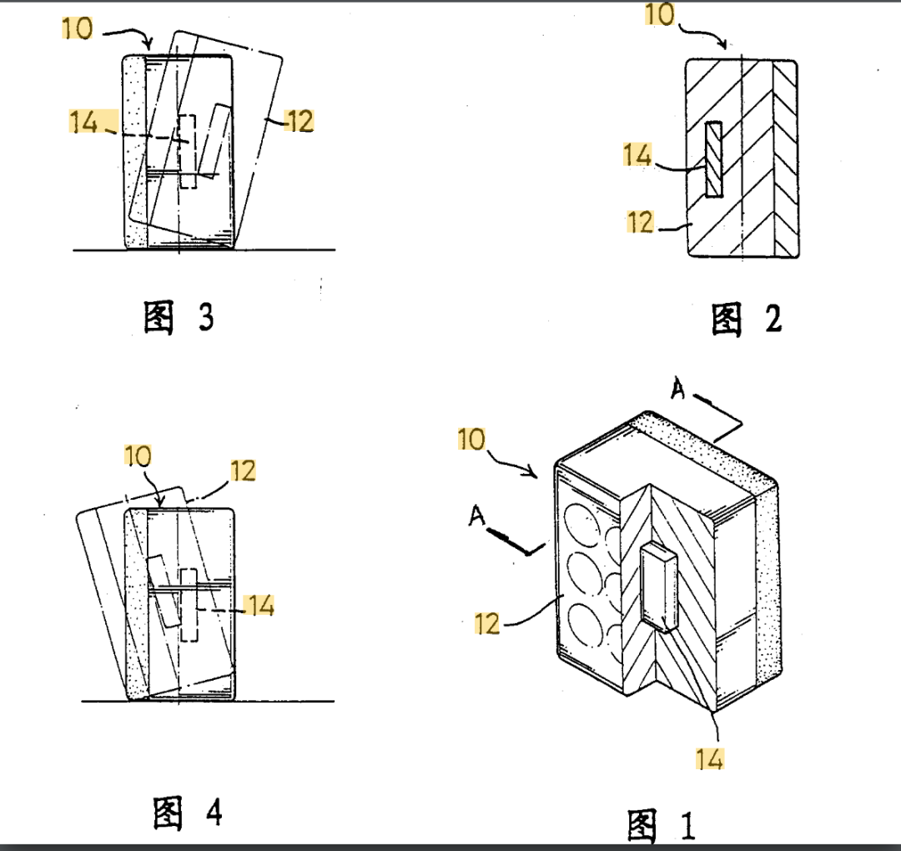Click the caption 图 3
pos(179,318)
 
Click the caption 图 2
pos(747,320)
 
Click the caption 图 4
pos(188,813)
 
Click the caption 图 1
pos(661,826)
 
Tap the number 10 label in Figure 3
pos(78,28)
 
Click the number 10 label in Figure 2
pos(660,14)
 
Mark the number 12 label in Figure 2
pos(640,222)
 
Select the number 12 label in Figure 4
pos(243,471)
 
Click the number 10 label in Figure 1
pos(472,439)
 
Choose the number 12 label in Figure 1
pos(488,622)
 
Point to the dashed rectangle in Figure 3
pos(187,150)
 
